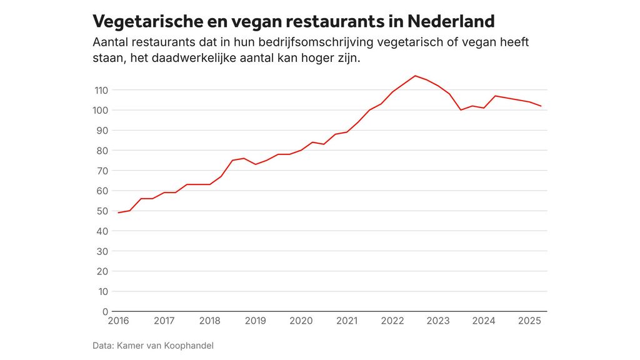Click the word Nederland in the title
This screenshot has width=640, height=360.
(x=451, y=21)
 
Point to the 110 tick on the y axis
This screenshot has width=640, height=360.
(x=101, y=90)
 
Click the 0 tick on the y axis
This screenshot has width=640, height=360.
(x=105, y=311)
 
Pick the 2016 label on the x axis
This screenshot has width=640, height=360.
(x=118, y=321)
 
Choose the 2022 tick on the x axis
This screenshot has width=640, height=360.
(x=392, y=321)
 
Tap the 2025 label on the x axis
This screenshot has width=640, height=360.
(x=529, y=321)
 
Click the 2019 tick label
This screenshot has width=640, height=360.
(x=255, y=321)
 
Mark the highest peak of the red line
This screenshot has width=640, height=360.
(x=415, y=76)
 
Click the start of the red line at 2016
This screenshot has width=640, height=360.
(x=118, y=212)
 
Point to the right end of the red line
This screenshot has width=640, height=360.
(x=541, y=106)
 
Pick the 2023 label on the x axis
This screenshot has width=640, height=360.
(x=438, y=321)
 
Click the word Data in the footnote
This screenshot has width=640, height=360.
(x=103, y=345)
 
